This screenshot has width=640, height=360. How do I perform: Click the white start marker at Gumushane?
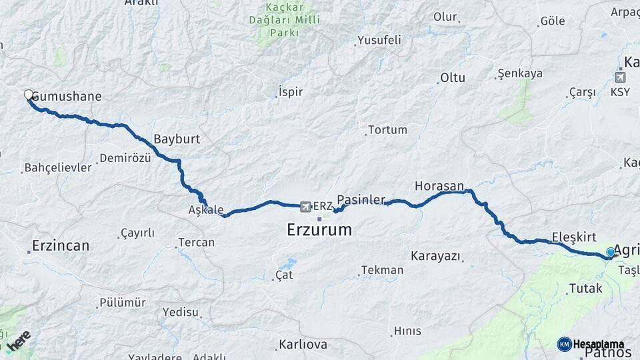pos(29,95)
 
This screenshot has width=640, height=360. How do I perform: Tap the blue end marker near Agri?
pos(610,253)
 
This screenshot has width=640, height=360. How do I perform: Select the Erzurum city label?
pos(318,231)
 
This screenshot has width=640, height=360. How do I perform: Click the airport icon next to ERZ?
pos(306,206)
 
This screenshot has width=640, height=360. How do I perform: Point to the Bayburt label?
pos(177,140)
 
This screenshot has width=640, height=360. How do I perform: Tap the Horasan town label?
pos(439,186)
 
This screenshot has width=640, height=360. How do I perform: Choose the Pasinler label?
pos(361,199)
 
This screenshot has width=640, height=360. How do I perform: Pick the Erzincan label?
pos(60,246)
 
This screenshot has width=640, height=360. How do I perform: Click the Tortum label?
pos(387,129)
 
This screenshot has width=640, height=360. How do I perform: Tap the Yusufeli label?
pos(379,40)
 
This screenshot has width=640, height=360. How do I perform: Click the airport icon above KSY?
pos(620,77)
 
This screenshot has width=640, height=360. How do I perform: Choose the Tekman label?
pos(382,270)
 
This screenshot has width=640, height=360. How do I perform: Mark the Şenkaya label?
pos(520,73)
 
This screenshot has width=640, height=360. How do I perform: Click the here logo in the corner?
pos(19,340)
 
